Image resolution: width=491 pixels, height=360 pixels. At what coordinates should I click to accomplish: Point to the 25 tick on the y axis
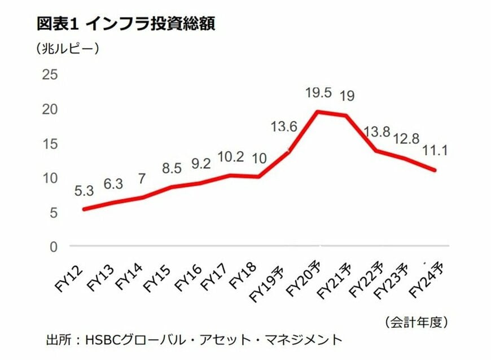[x=50, y=74]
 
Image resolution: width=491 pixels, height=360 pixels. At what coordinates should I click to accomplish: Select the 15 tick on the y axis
[x=50, y=143]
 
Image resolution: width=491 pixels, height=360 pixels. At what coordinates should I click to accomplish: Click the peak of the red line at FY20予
[x=318, y=111]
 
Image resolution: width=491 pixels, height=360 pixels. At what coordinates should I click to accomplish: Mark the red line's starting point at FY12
[x=84, y=209]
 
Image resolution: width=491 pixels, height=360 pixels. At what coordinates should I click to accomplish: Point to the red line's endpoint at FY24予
[x=435, y=170]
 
